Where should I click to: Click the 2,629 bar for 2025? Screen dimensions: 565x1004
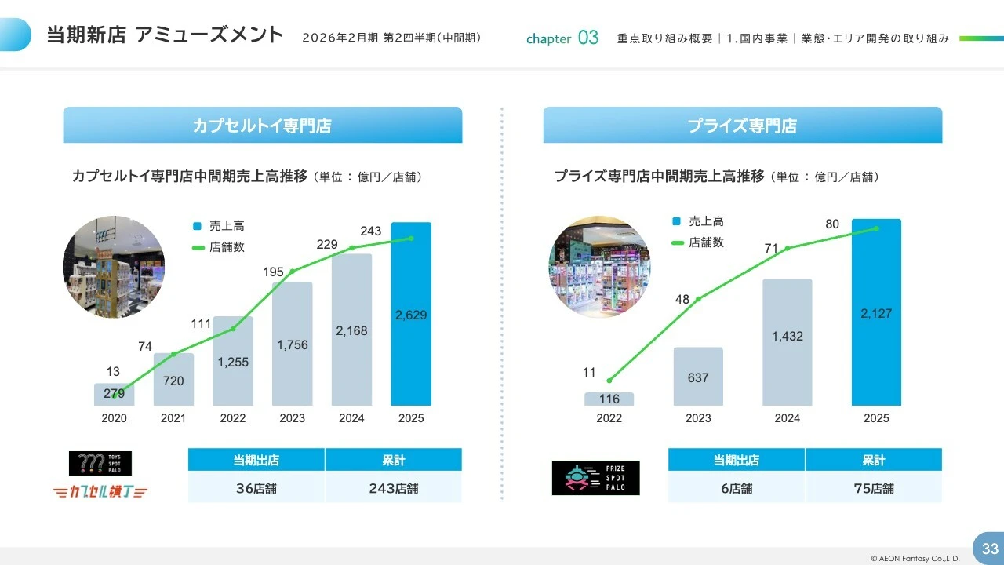pyautogui.click(x=411, y=314)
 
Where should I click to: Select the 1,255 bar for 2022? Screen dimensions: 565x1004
pyautogui.click(x=233, y=362)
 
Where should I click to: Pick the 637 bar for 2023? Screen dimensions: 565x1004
pyautogui.click(x=698, y=377)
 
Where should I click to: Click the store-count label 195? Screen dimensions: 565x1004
pyautogui.click(x=273, y=272)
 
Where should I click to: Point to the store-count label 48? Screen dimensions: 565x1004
pyautogui.click(x=682, y=299)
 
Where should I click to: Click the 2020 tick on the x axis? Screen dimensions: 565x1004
pyautogui.click(x=114, y=418)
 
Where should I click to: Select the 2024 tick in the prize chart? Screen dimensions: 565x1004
pyautogui.click(x=788, y=418)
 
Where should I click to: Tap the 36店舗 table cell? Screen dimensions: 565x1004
pyautogui.click(x=256, y=488)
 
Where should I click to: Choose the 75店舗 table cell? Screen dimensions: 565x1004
pyautogui.click(x=873, y=488)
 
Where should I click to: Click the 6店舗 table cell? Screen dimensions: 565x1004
pyautogui.click(x=737, y=488)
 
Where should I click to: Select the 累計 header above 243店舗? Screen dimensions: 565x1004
pyautogui.click(x=393, y=460)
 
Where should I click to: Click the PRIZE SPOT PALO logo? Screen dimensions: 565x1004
pyautogui.click(x=595, y=478)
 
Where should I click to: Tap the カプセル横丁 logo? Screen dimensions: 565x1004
pyautogui.click(x=101, y=492)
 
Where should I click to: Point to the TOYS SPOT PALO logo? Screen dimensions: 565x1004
pyautogui.click(x=100, y=464)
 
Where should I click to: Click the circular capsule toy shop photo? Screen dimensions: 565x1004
pyautogui.click(x=114, y=267)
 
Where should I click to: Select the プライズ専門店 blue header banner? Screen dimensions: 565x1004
pyautogui.click(x=742, y=126)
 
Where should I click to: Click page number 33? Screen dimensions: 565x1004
pyautogui.click(x=990, y=549)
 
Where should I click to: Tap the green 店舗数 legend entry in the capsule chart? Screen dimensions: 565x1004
pyautogui.click(x=219, y=247)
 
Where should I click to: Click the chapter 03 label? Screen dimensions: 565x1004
pyautogui.click(x=562, y=38)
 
